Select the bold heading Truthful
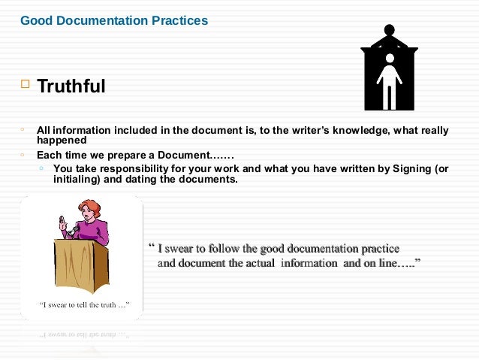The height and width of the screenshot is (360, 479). coord(71,87)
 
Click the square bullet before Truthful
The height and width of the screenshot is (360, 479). coord(24,85)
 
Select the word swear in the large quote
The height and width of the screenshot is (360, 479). coord(185,249)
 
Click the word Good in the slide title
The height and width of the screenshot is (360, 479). coord(35,20)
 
